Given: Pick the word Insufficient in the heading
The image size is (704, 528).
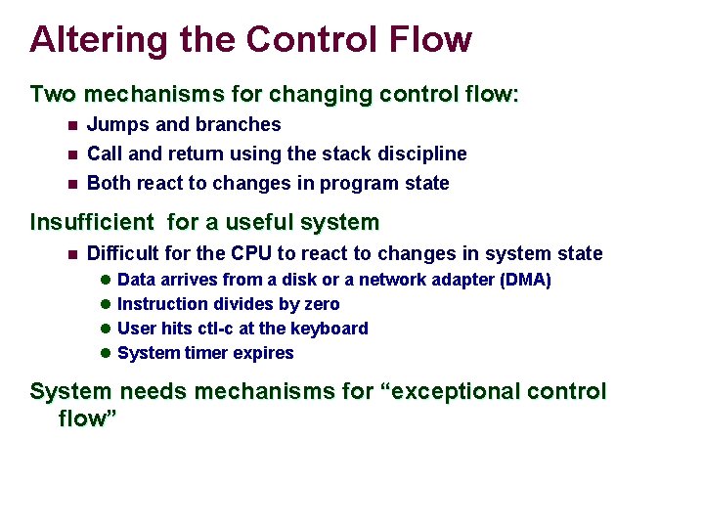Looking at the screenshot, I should coord(92,222).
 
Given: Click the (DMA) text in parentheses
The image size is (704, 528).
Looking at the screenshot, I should coord(525,281).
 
